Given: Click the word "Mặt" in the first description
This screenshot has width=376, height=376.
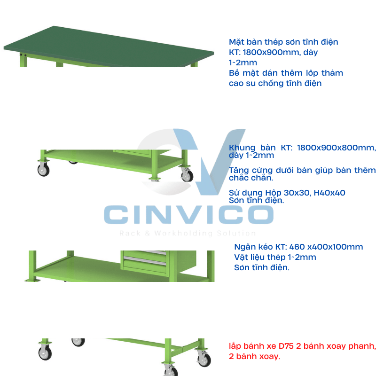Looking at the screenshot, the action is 236,42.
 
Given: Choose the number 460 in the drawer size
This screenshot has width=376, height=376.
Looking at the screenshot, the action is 297,247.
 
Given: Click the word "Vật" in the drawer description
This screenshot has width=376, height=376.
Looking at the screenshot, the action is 241,257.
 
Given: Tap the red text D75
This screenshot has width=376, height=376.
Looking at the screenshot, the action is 286,346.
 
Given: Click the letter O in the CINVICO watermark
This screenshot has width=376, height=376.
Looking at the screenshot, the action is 261,215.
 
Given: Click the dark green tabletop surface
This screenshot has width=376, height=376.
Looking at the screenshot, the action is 108,47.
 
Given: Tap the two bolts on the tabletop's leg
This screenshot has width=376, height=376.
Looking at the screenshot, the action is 23,55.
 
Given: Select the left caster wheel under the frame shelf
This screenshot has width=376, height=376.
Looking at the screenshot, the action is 43,170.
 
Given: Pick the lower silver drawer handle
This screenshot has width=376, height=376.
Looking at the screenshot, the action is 145,261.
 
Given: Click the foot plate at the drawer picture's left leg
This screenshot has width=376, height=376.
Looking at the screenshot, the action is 32,280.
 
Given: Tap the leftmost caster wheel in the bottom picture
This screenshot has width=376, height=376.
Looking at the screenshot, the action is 45,353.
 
